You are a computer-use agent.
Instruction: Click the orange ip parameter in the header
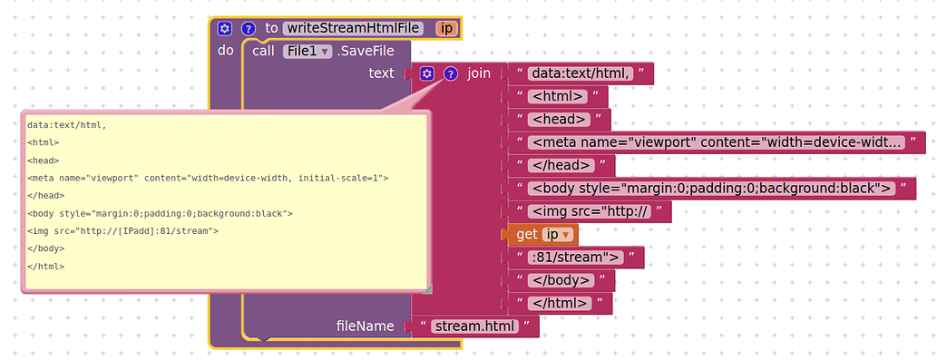pyautogui.click(x=445, y=28)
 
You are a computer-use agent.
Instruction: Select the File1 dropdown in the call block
pyautogui.click(x=306, y=52)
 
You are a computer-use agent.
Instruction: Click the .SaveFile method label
pyautogui.click(x=367, y=52)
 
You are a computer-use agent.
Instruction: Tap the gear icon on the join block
pyautogui.click(x=427, y=73)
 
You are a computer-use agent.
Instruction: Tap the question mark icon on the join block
pyautogui.click(x=450, y=73)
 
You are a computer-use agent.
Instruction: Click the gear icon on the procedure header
pyautogui.click(x=225, y=28)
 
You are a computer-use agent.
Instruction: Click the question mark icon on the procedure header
pyautogui.click(x=248, y=28)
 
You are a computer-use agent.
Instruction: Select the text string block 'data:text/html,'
pyautogui.click(x=581, y=73)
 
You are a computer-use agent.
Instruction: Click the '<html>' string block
pyautogui.click(x=559, y=96)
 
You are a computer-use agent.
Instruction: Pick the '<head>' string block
pyautogui.click(x=560, y=119)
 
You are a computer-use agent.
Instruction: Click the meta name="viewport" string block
pyautogui.click(x=717, y=142)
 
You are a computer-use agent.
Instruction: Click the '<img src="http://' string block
pyautogui.click(x=590, y=212)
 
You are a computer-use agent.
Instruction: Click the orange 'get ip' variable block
pyautogui.click(x=542, y=235)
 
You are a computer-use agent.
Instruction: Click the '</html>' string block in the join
pyautogui.click(x=561, y=303)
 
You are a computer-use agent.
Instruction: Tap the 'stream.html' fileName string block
pyautogui.click(x=474, y=326)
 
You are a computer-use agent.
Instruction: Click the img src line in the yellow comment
pyautogui.click(x=122, y=230)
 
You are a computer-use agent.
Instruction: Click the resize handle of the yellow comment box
pyautogui.click(x=427, y=289)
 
